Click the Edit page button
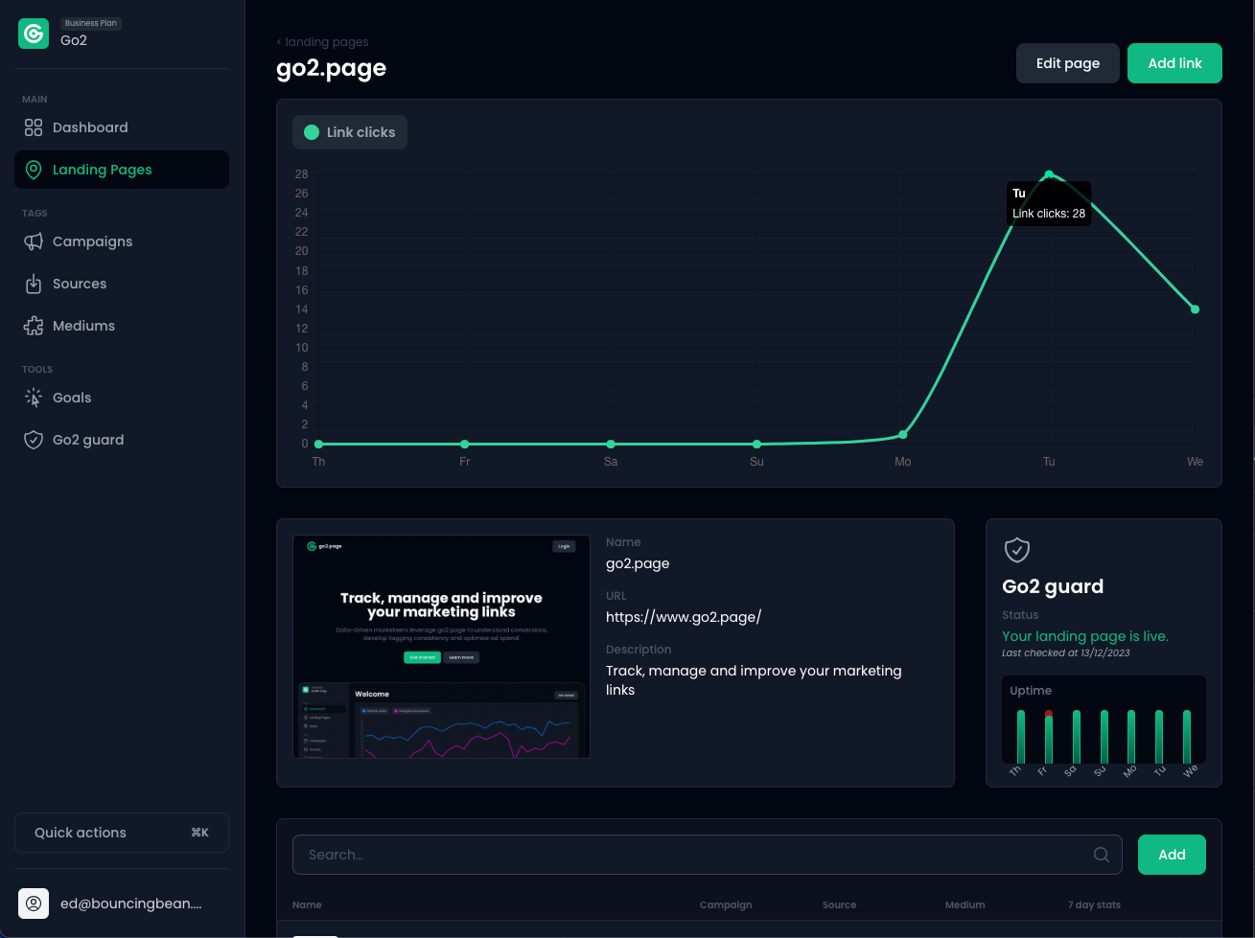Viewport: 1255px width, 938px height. pyautogui.click(x=1067, y=63)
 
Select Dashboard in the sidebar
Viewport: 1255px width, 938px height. pyautogui.click(x=90, y=127)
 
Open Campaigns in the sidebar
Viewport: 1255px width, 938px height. pyautogui.click(x=92, y=241)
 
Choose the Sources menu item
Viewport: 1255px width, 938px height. pyautogui.click(x=80, y=284)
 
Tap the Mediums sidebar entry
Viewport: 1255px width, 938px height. pyautogui.click(x=83, y=326)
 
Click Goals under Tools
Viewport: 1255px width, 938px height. pyautogui.click(x=72, y=398)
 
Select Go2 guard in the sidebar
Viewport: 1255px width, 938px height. pyautogui.click(x=88, y=440)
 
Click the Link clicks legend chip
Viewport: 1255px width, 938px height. pyautogui.click(x=350, y=132)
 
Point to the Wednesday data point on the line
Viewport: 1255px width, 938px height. pyautogui.click(x=1195, y=309)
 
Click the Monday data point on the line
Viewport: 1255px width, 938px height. pyautogui.click(x=902, y=435)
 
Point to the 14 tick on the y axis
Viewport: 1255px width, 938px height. pyautogui.click(x=302, y=309)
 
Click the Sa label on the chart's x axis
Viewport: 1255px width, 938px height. pyautogui.click(x=611, y=462)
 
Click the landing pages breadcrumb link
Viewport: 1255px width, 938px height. pyautogui.click(x=326, y=42)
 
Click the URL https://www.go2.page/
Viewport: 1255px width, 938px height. pyautogui.click(x=684, y=617)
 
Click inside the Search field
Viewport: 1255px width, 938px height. pyautogui.click(x=695, y=855)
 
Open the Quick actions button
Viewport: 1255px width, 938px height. pyautogui.click(x=122, y=833)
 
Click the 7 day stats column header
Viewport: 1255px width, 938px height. pyautogui.click(x=1094, y=904)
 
